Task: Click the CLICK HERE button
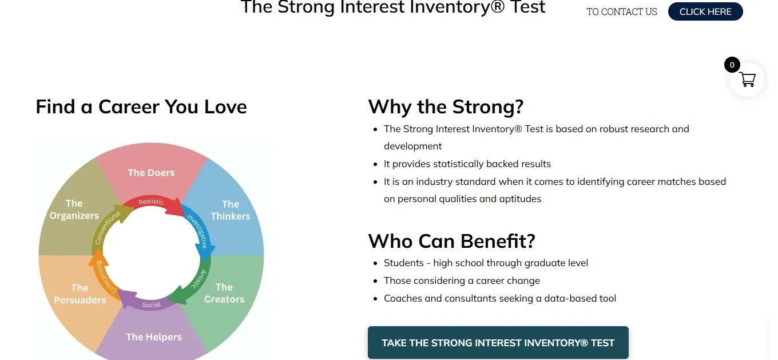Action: pos(705,11)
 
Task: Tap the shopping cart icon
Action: pos(748,80)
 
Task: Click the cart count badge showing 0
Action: pos(732,65)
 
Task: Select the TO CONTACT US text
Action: pos(621,11)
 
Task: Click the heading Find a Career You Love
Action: pos(141,107)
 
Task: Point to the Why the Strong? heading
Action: pos(446,107)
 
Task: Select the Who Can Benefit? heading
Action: pos(451,241)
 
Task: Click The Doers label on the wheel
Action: pos(151,173)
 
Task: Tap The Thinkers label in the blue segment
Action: pos(230,210)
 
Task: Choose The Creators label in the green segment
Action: pos(224,293)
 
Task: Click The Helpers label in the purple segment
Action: pos(153,337)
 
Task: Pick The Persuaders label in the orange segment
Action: pos(80,294)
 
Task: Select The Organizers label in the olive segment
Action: pos(74,209)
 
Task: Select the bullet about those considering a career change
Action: pos(462,280)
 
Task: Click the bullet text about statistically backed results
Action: pos(467,164)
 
